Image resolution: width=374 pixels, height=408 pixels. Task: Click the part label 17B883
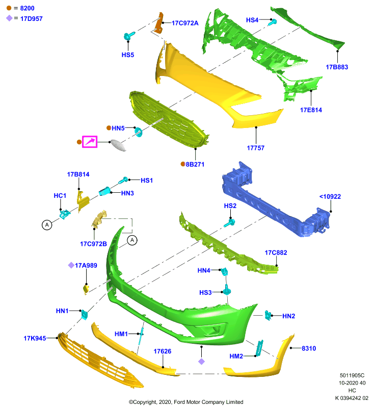pos(337,67)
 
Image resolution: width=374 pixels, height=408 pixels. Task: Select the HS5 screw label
pos(128,55)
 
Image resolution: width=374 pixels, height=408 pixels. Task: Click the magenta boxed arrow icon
pos(90,142)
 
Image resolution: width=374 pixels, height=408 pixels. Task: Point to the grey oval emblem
pos(118,145)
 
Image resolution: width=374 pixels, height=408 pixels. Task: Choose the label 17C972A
pos(185,23)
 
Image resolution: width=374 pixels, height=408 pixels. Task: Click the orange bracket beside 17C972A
pos(159,23)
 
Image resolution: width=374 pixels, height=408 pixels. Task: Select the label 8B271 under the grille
pos(195,164)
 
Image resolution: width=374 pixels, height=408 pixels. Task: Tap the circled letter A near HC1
pos(47,225)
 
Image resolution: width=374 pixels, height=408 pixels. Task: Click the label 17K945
pos(35,338)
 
